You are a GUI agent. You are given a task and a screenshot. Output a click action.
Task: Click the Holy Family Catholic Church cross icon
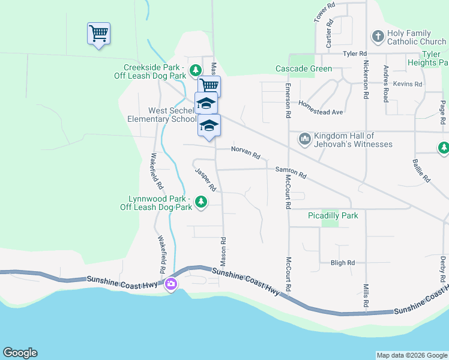[378, 37]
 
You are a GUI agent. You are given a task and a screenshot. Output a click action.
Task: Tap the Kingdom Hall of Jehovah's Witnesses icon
[304, 139]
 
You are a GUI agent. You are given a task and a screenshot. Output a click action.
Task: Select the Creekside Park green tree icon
[195, 71]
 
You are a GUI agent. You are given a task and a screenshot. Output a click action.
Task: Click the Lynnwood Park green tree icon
[202, 202]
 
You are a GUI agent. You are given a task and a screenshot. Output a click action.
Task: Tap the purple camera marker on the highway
[171, 284]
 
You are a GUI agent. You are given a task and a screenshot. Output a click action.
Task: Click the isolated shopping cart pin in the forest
[98, 34]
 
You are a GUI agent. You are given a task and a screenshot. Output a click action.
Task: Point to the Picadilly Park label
[333, 215]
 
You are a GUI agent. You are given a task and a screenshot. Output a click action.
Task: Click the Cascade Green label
[304, 69]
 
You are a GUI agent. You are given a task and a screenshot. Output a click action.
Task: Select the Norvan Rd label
[246, 153]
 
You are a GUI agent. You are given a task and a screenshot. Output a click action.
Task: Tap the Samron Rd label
[291, 173]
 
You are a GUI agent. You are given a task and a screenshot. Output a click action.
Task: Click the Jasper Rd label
[205, 180]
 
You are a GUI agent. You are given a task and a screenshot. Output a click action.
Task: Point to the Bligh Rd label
[343, 263]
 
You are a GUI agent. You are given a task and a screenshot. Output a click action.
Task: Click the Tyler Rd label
[354, 54]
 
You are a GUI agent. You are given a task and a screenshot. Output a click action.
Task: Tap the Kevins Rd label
[408, 85]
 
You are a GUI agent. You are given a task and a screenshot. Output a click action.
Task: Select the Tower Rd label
[324, 13]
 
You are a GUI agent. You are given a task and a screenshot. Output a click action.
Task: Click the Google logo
[20, 353]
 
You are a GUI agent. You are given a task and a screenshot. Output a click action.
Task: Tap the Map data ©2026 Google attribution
[412, 355]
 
